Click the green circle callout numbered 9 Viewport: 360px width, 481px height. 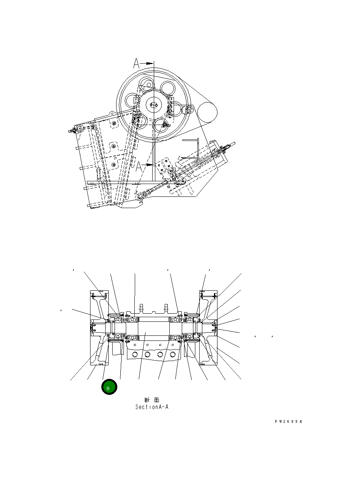click(x=109, y=387)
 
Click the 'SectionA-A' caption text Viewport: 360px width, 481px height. click(x=151, y=407)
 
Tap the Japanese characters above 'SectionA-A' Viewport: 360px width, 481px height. click(x=151, y=399)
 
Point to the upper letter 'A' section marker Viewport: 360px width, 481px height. click(x=136, y=63)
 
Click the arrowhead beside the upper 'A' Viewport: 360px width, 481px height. click(x=150, y=63)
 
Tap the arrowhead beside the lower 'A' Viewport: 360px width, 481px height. click(x=150, y=165)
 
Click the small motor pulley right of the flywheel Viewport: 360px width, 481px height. click(x=207, y=113)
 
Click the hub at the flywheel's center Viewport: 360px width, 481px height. click(x=154, y=105)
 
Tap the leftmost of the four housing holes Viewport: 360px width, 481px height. click(x=134, y=354)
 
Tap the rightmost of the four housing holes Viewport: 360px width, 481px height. click(x=172, y=354)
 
